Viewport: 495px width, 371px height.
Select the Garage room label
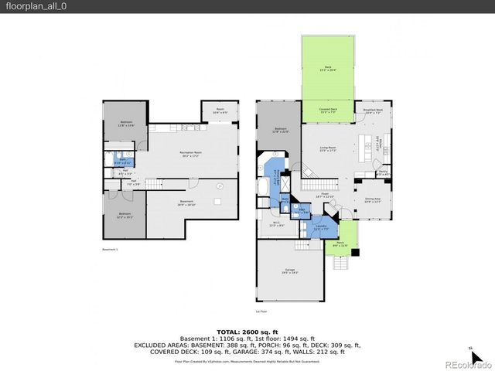(289, 271)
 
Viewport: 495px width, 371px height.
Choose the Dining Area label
(374, 200)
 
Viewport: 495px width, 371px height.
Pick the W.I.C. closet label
(267, 225)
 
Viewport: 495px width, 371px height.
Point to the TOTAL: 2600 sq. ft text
(247, 331)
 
